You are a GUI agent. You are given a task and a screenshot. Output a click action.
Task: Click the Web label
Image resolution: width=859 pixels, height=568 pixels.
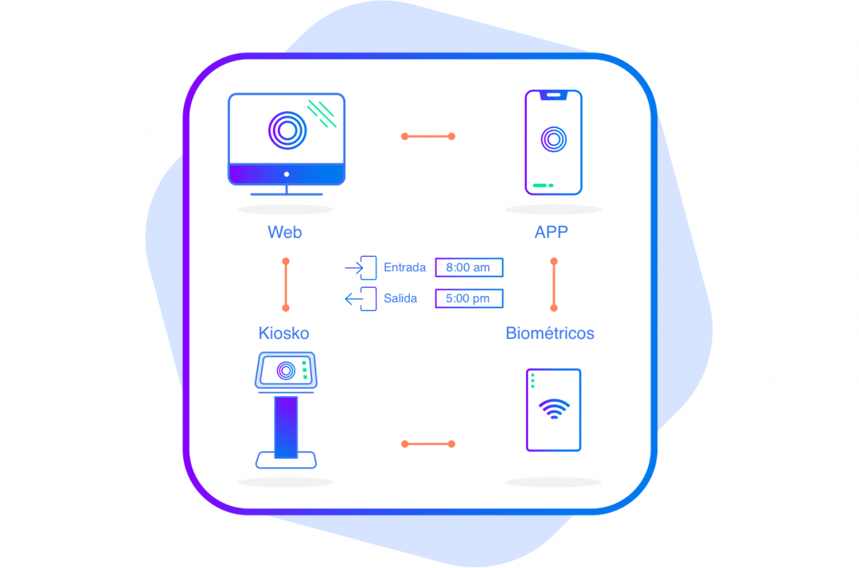point(284,232)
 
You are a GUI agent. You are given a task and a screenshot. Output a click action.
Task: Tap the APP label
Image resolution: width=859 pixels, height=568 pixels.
point(551,232)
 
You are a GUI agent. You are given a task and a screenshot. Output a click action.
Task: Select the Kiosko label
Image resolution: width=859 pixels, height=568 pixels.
point(284,333)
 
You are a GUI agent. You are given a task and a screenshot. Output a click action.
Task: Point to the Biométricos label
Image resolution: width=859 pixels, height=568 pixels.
point(550,333)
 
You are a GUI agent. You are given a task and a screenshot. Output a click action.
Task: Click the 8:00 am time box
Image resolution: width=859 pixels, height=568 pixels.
point(469,267)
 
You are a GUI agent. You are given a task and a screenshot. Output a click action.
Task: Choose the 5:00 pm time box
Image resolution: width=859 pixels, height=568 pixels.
point(469,298)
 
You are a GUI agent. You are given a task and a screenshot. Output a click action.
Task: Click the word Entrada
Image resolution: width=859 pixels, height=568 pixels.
point(405,267)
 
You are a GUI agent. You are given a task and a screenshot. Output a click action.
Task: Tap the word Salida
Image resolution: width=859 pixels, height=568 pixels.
point(400,298)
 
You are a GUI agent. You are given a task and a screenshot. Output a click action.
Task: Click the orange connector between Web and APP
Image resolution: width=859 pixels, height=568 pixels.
point(428,136)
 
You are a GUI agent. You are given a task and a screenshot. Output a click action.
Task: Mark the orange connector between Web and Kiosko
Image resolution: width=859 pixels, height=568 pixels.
point(286,285)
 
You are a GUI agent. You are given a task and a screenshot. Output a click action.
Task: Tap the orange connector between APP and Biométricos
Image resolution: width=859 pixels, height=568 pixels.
point(554,285)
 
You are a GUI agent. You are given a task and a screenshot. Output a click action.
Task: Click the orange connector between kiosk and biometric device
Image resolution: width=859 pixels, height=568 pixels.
point(428,444)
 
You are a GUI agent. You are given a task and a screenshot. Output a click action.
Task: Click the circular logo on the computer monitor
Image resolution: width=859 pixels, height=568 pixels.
point(287,130)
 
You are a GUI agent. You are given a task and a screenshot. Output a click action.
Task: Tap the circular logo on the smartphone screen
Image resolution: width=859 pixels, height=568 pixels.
point(554,139)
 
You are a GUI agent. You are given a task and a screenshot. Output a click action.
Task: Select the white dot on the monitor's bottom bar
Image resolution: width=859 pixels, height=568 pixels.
point(286,174)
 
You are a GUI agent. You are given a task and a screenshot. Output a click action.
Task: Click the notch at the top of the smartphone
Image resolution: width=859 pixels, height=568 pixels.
point(553,96)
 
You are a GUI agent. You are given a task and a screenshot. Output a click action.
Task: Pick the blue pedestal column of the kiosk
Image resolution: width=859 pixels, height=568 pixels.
point(286,427)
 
